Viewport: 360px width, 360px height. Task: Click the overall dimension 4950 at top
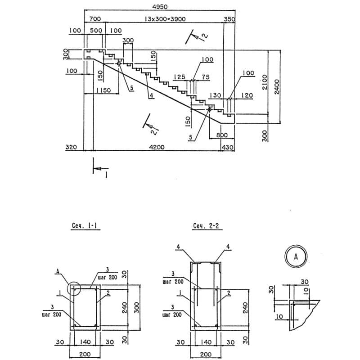(160, 7)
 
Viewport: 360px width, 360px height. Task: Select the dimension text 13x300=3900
(165, 19)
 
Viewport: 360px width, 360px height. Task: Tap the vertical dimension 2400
(277, 86)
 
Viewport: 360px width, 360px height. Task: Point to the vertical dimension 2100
(265, 82)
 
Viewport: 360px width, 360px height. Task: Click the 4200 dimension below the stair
(157, 147)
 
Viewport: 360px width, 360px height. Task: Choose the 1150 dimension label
(103, 90)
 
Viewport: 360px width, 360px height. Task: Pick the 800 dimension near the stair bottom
(222, 135)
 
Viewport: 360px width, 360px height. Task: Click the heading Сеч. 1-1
(85, 226)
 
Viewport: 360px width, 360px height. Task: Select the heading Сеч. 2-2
(206, 226)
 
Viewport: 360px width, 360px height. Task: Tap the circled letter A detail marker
(296, 256)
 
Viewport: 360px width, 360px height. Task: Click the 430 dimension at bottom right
(228, 147)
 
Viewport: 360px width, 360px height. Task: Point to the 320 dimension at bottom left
(71, 147)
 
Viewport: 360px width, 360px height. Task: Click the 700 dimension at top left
(95, 19)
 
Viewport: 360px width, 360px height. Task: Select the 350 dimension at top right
(230, 19)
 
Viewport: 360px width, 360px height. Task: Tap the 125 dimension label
(179, 76)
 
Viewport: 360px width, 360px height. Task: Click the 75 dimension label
(206, 76)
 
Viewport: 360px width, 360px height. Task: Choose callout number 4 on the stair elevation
(151, 95)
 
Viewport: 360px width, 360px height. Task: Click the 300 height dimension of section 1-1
(137, 308)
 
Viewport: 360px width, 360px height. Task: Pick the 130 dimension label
(215, 95)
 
